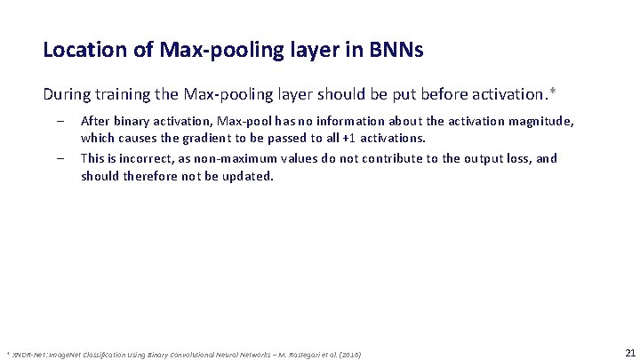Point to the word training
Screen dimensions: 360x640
pos(127,93)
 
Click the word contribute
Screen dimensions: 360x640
pos(371,158)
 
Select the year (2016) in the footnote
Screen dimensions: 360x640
pos(348,353)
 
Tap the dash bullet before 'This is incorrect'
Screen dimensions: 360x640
pos(58,158)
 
